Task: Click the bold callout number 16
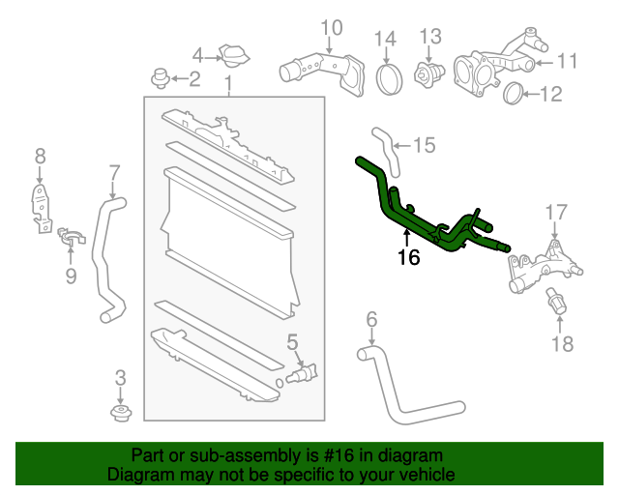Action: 408,257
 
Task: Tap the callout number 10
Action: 331,28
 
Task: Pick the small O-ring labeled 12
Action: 516,94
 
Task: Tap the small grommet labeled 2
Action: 162,77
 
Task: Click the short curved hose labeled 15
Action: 383,146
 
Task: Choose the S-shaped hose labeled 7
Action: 105,256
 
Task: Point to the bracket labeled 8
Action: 39,208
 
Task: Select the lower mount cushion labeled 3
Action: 120,414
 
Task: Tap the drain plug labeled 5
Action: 304,372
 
